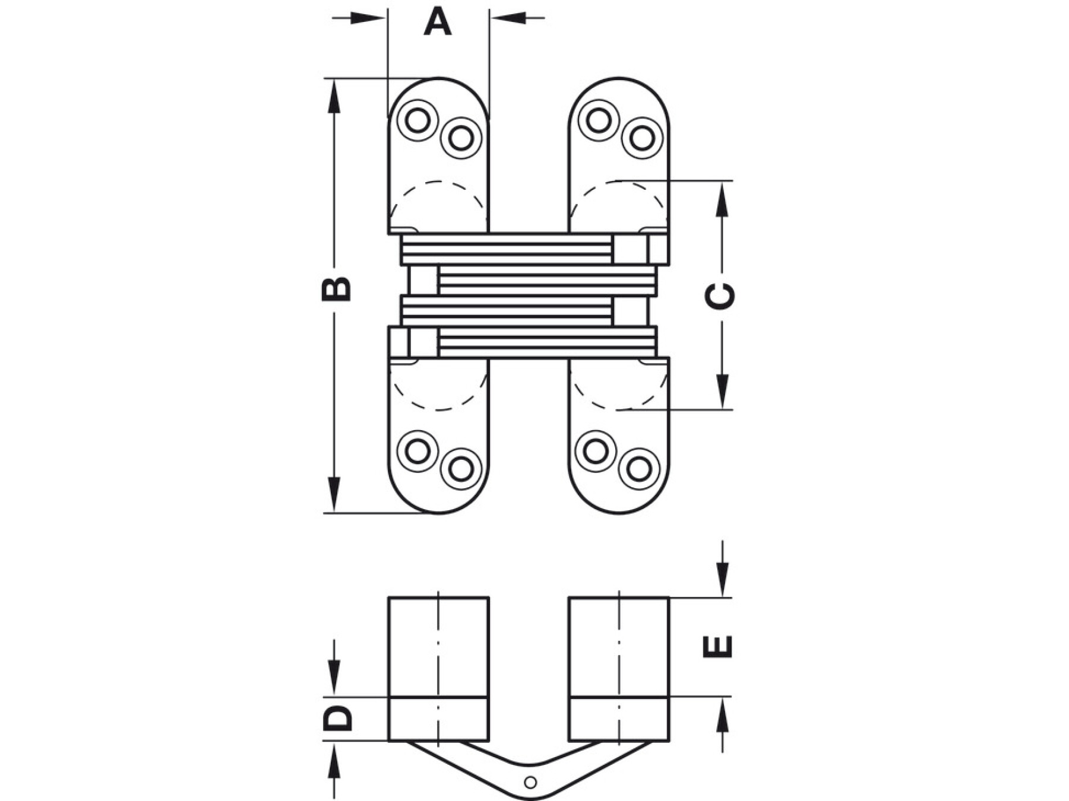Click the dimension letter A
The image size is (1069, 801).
point(438,23)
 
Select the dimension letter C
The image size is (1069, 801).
point(720,295)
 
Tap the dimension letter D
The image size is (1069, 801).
point(337,719)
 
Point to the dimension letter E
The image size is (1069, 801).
point(718,647)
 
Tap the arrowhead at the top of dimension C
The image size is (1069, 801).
point(722,196)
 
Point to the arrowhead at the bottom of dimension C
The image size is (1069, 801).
point(722,393)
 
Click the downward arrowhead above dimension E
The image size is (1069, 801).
point(722,581)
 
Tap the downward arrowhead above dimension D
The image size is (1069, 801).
point(334,681)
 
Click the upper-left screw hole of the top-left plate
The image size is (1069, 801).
point(418,120)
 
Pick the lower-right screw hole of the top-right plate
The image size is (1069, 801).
point(641,138)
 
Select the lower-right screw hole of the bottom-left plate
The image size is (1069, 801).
point(461,469)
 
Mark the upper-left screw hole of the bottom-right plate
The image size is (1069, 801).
point(596,451)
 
